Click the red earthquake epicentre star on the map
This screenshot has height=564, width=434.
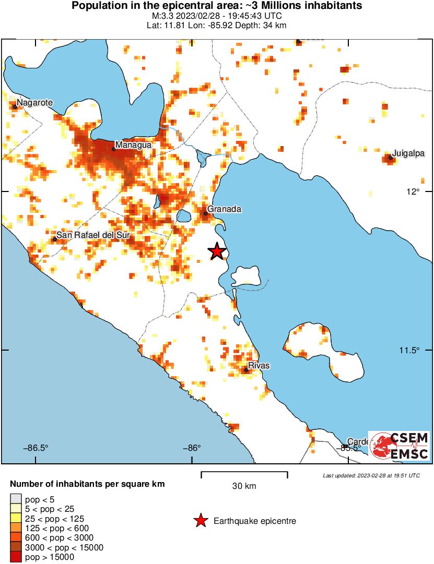pos(217,251)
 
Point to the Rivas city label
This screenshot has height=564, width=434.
pos(259,365)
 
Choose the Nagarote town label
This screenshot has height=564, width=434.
pos(34,103)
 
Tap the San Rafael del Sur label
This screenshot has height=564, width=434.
pos(92,235)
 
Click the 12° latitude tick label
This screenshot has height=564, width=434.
pos(414,191)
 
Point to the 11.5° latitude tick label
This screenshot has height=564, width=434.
pos(410,350)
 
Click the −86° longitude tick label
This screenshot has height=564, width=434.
pos(192,448)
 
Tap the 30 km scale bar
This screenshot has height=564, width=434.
pos(244,475)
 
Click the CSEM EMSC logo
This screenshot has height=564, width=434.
pos(400,446)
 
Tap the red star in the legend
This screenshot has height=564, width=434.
pos(200,521)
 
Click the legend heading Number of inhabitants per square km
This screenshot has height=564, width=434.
pos(87,484)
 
